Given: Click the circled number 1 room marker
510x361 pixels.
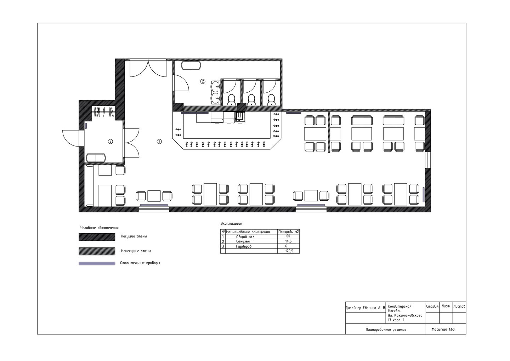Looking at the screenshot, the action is (159, 142).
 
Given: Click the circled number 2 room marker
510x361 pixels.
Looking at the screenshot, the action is (203, 81).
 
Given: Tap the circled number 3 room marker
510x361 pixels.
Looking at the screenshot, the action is (110, 142).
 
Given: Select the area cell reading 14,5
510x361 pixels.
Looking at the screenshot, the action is (288, 241).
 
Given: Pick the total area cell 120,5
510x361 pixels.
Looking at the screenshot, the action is (289, 251).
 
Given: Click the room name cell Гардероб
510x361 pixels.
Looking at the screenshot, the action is (244, 246).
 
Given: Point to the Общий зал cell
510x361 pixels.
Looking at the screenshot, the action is (245, 237).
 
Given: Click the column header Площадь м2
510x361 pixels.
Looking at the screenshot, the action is (288, 232).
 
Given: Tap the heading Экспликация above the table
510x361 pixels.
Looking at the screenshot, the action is (231, 224).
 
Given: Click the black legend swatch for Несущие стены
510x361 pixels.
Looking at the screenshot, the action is (97, 237).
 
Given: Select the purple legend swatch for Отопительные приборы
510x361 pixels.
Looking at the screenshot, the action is (97, 263).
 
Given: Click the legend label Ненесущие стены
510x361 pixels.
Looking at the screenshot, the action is (136, 251).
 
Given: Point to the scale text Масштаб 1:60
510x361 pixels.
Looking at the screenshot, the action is (443, 330).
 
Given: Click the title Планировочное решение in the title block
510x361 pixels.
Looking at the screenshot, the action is (386, 330).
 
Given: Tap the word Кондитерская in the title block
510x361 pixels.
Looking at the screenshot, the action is (400, 306).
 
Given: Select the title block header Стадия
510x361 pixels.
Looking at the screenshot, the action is (432, 306).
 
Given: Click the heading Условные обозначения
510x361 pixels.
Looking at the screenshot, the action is (99, 228).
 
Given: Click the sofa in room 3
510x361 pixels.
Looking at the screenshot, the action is (96, 158).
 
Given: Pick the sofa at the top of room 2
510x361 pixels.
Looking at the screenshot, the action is (191, 65).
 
